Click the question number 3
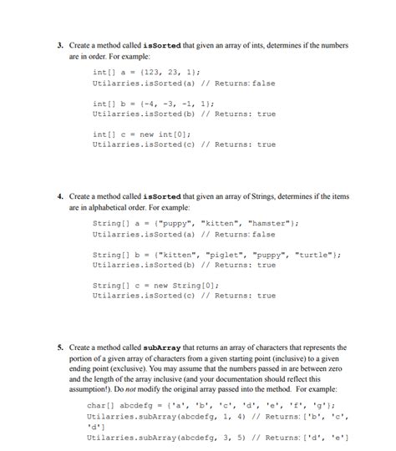pos(60,45)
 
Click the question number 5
pos(60,347)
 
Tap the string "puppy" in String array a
pos(157,224)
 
